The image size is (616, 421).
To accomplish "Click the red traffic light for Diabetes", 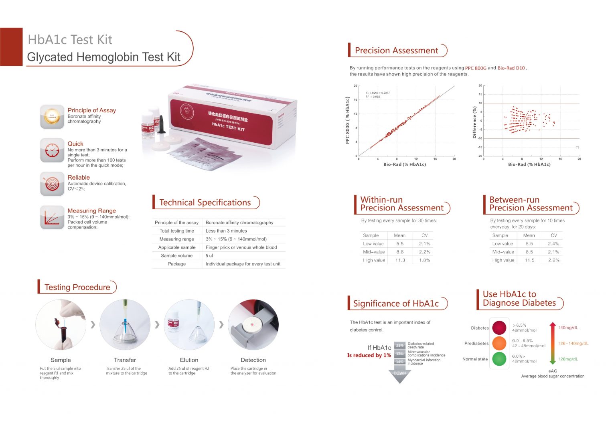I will click(x=499, y=328).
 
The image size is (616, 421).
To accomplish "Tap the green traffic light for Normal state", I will click(x=499, y=358).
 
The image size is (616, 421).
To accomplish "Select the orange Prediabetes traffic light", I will click(x=499, y=343).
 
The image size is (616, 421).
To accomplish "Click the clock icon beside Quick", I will click(x=52, y=150).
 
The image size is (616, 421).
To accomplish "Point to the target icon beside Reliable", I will click(x=52, y=184).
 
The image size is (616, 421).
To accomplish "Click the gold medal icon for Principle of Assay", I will click(x=52, y=117).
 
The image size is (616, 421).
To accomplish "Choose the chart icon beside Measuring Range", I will click(x=52, y=217).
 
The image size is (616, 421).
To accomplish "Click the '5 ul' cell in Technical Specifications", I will click(x=209, y=256).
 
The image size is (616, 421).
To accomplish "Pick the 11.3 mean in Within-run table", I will click(x=400, y=260).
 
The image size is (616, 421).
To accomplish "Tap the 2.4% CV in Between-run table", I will click(x=553, y=244).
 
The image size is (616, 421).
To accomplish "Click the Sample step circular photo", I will click(x=61, y=325).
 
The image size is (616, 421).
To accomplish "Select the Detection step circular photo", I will click(x=253, y=325).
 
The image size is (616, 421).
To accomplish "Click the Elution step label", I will click(x=189, y=360).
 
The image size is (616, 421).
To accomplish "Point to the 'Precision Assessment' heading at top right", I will click(x=396, y=51).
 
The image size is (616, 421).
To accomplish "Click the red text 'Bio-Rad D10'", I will click(x=511, y=68).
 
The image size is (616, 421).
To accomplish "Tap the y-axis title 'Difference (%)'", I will click(x=474, y=122).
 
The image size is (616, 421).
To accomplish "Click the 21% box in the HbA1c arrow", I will click(x=400, y=345).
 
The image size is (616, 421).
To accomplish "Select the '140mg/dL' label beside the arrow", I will click(x=568, y=328).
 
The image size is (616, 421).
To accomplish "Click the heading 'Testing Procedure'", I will click(x=77, y=287).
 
